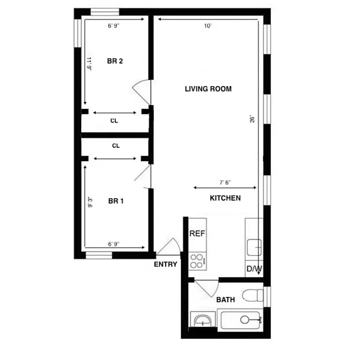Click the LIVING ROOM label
(x=208, y=89)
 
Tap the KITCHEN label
(x=225, y=198)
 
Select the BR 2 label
(x=115, y=61)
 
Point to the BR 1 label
(x=116, y=201)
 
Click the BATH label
(x=225, y=300)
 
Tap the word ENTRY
(x=165, y=265)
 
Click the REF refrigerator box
(x=197, y=234)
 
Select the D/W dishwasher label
(x=254, y=269)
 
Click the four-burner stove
(x=197, y=261)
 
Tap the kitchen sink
(x=253, y=248)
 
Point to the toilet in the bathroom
(x=252, y=296)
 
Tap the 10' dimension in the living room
(x=207, y=26)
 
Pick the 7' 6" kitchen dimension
(x=225, y=182)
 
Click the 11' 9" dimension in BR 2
(x=89, y=64)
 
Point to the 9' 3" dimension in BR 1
(x=90, y=202)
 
